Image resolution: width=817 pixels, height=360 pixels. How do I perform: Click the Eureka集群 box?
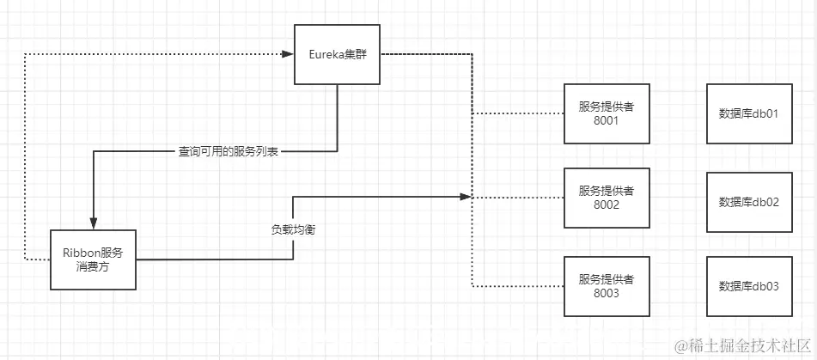point(337,54)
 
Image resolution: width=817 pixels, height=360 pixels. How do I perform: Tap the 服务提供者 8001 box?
point(607,113)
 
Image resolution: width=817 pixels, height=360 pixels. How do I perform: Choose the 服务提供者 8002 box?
point(607,198)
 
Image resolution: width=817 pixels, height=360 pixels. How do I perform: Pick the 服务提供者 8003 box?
point(607,286)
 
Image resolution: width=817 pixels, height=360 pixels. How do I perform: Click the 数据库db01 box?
point(747,113)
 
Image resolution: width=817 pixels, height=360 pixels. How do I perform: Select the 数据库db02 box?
point(747,202)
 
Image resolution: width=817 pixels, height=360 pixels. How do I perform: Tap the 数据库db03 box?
point(747,286)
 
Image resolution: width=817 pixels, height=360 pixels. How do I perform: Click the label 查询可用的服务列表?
point(229,151)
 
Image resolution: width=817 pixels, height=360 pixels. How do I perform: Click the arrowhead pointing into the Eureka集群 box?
point(288,54)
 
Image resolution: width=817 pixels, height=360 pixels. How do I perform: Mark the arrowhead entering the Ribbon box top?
point(93,224)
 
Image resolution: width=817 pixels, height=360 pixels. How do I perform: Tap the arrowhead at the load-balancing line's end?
point(466,197)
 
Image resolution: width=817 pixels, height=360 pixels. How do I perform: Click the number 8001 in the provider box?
point(607,121)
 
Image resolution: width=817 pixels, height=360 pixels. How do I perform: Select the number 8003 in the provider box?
point(607,294)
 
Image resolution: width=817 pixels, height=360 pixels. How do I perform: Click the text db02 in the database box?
point(767,202)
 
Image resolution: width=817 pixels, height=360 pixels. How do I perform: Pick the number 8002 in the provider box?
point(607,206)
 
